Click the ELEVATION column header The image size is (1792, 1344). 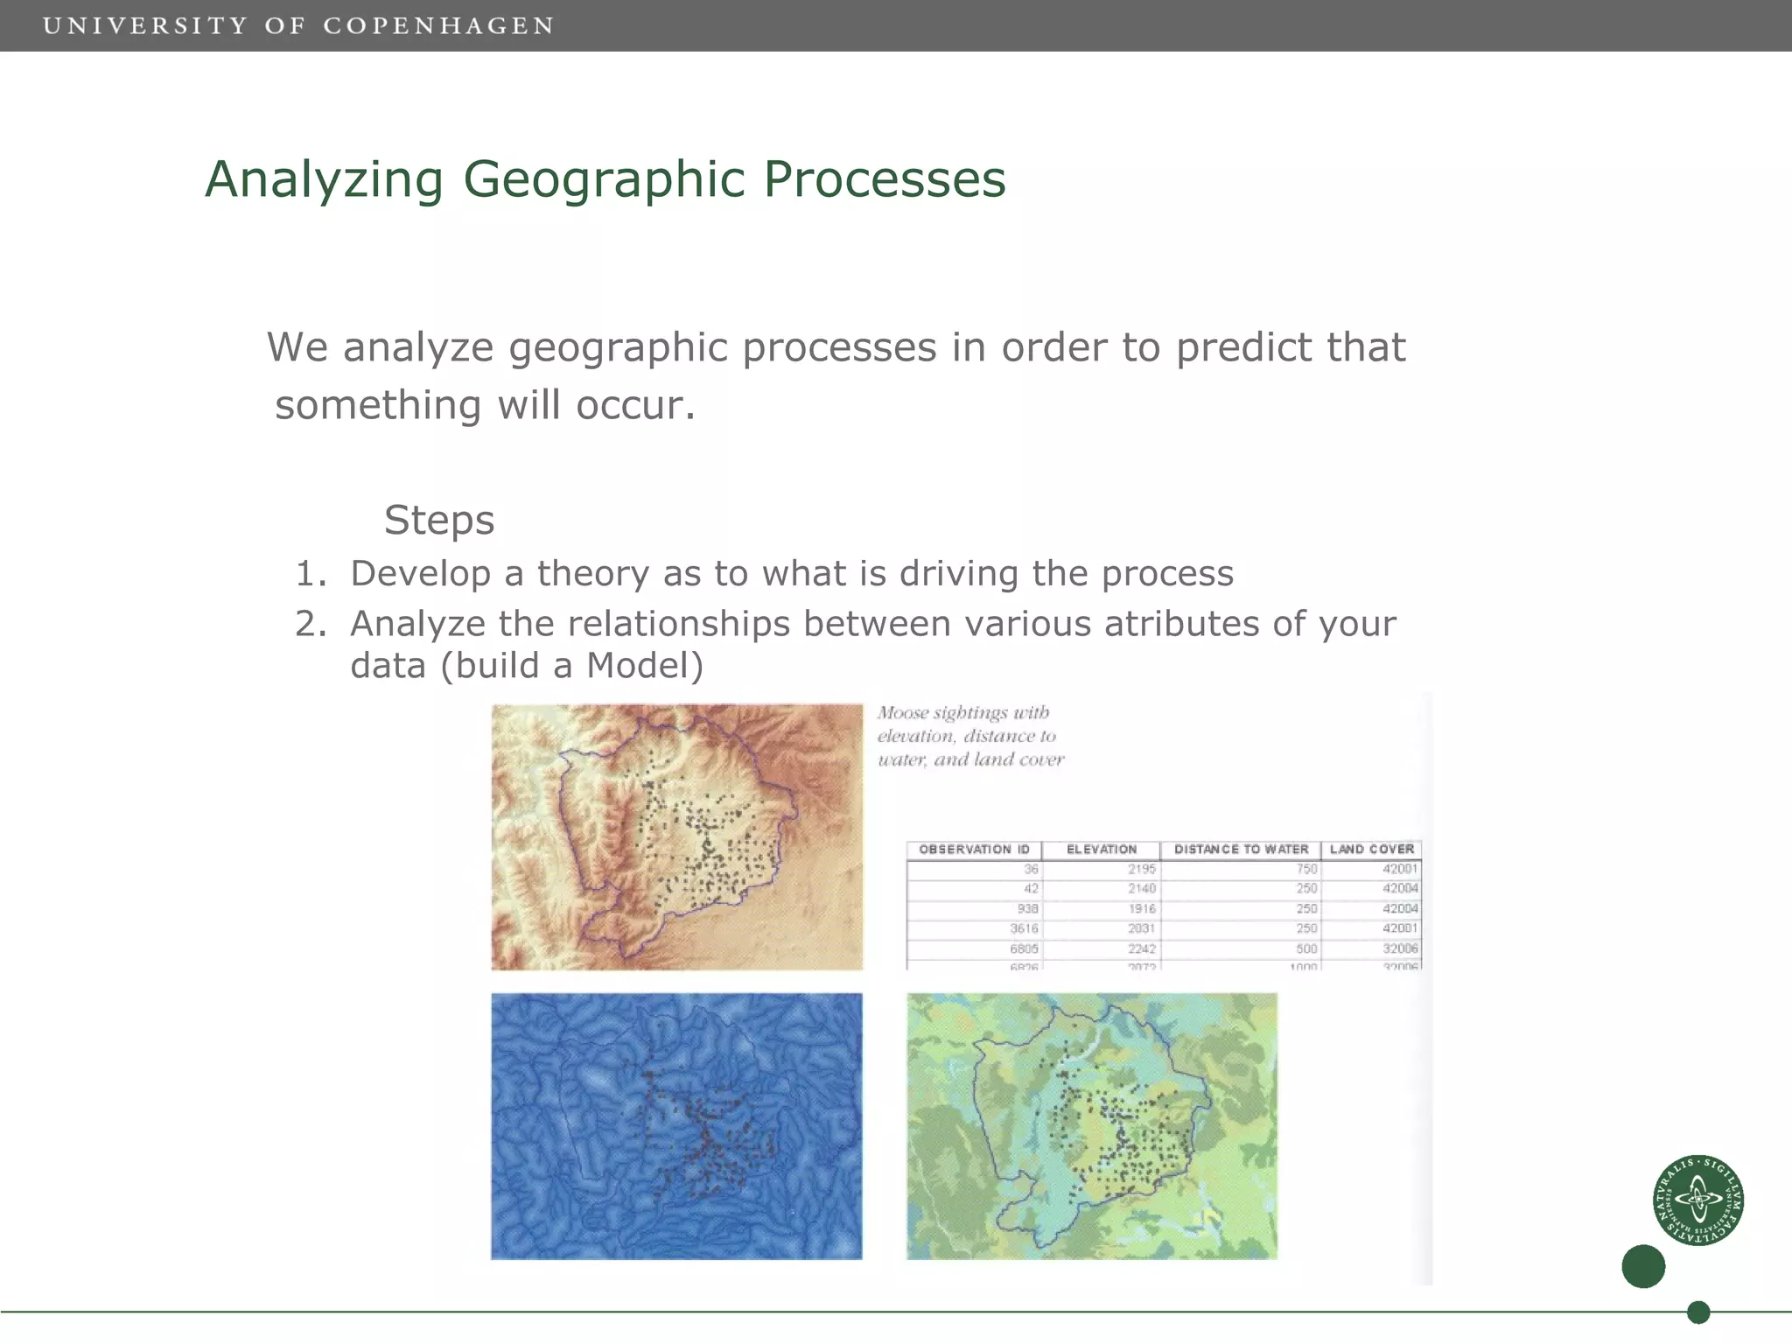(1101, 849)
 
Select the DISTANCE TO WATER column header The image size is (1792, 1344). (1241, 849)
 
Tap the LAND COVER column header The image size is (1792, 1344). (1371, 849)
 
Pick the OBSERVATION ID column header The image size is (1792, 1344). (974, 849)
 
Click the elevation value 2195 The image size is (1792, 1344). (1141, 869)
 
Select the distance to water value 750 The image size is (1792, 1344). (1306, 869)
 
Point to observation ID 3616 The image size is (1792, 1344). (1024, 928)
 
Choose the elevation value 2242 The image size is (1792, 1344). (1141, 948)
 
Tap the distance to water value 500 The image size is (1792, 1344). (1306, 948)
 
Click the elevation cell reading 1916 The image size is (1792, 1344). (1141, 908)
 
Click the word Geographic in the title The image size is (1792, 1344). (604, 179)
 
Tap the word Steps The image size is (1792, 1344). (439, 520)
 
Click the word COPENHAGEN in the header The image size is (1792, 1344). (438, 26)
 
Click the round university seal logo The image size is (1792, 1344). (1697, 1200)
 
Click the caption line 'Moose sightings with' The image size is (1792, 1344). (962, 712)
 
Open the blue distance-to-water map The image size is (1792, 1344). (676, 1126)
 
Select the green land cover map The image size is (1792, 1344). (1091, 1126)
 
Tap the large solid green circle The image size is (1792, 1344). (1643, 1266)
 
